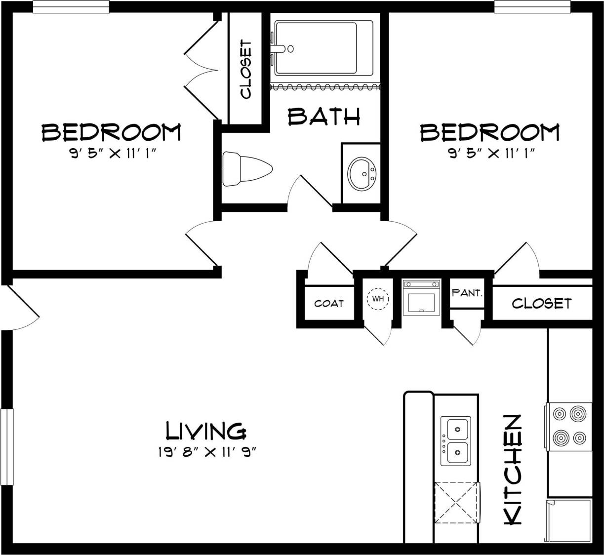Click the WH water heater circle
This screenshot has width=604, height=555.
[x=378, y=299]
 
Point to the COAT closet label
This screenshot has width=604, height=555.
[x=328, y=303]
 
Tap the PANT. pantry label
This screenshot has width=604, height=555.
[x=467, y=293]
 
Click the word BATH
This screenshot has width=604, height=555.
[x=324, y=117]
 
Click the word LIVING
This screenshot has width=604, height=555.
[x=205, y=431]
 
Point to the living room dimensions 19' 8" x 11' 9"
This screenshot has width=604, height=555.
[x=207, y=452]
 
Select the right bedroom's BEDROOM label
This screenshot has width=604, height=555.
[x=489, y=132]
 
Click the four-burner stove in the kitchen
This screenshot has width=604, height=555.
[x=569, y=425]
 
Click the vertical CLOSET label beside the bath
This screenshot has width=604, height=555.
[x=245, y=70]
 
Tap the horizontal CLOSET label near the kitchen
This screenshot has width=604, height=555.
[x=541, y=303]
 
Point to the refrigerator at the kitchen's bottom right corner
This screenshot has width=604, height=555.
[x=568, y=520]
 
